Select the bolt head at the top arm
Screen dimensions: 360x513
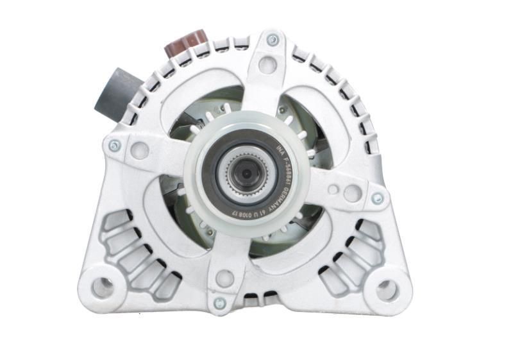click(272, 40)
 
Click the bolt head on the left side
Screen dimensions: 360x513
click(115, 146)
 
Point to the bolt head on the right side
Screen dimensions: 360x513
click(378, 198)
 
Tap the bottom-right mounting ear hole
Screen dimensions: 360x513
click(387, 290)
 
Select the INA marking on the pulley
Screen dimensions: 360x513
click(278, 149)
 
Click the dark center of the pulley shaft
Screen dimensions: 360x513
click(246, 172)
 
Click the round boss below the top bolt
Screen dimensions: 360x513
click(269, 64)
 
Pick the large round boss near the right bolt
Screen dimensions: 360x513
click(351, 193)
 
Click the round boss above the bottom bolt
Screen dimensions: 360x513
click(224, 278)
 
